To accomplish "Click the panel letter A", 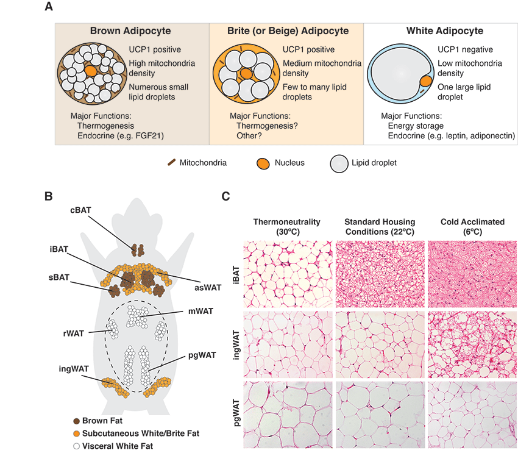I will tap(48, 7).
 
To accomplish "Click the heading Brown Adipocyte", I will tap(130, 30).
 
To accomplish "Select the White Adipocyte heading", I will tap(444, 30).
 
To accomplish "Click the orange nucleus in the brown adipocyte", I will tap(90, 71).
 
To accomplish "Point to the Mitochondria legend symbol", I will tap(172, 163).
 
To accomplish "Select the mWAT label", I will tap(200, 311).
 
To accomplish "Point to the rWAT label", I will tap(74, 332).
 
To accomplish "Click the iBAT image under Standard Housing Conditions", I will tap(379, 273).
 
